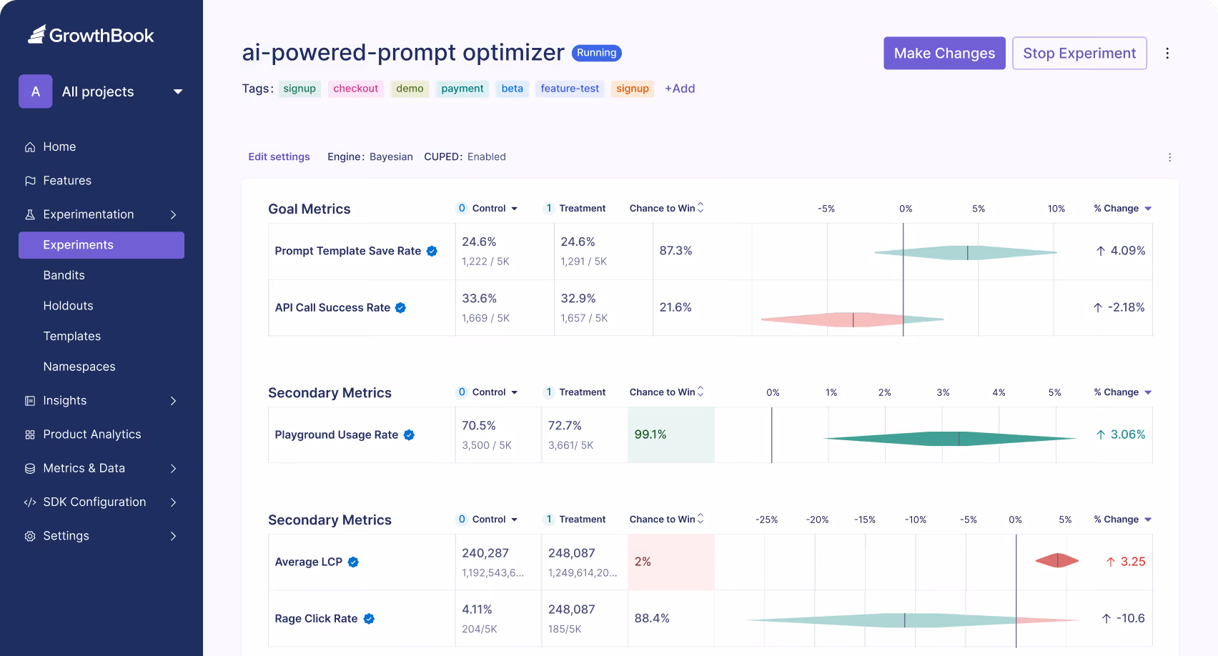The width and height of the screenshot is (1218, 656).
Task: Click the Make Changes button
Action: pyautogui.click(x=944, y=54)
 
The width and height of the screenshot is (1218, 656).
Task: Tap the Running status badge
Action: pyautogui.click(x=596, y=53)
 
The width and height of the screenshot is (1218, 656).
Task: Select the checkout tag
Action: pyautogui.click(x=355, y=89)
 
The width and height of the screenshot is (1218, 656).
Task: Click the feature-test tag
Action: pyautogui.click(x=570, y=89)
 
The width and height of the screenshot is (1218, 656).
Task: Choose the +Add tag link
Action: pyautogui.click(x=679, y=89)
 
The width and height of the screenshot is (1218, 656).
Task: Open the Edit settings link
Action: pyautogui.click(x=279, y=156)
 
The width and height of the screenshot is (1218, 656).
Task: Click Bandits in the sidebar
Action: pyautogui.click(x=64, y=275)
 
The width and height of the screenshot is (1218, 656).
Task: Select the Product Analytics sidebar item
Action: pyautogui.click(x=91, y=434)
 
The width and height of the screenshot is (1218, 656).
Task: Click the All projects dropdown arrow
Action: pyautogui.click(x=178, y=91)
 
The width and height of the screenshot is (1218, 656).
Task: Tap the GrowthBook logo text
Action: pyautogui.click(x=101, y=36)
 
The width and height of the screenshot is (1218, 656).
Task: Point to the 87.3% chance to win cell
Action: pyautogui.click(x=675, y=251)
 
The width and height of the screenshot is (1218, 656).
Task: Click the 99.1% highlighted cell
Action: pyautogui.click(x=670, y=434)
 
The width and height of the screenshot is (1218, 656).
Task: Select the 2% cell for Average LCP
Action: pyautogui.click(x=670, y=562)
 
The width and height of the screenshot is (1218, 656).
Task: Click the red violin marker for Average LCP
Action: pyautogui.click(x=1057, y=561)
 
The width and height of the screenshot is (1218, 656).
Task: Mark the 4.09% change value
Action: pyautogui.click(x=1127, y=251)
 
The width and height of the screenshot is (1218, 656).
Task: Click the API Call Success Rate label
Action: pyautogui.click(x=332, y=307)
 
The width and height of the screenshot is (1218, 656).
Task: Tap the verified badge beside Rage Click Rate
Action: pyautogui.click(x=369, y=619)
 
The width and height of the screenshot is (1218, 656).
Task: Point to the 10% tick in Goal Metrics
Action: pyautogui.click(x=1056, y=209)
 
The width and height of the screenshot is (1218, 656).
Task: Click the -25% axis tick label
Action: pyautogui.click(x=766, y=520)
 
